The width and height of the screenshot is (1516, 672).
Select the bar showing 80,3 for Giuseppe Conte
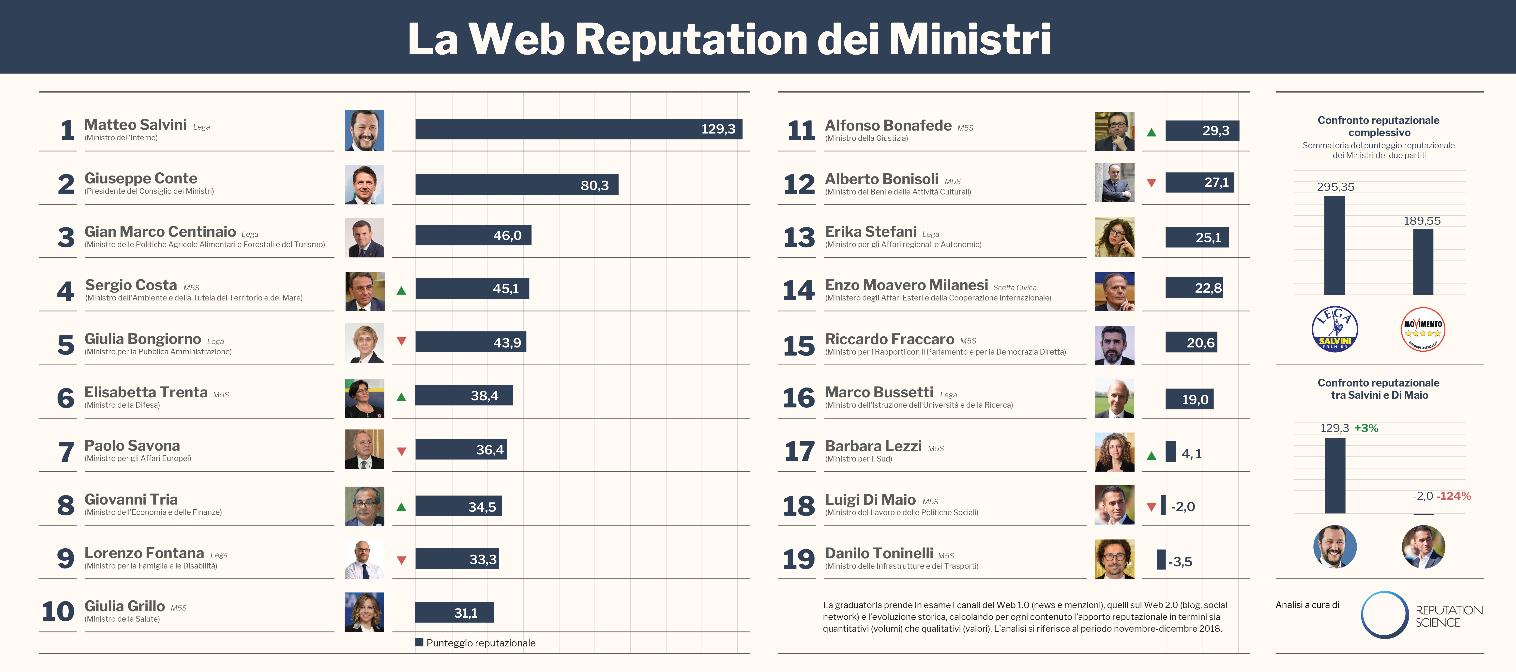(x=516, y=185)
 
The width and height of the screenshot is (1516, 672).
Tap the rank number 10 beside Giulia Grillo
(x=58, y=612)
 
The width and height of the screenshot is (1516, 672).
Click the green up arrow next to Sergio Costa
(x=401, y=290)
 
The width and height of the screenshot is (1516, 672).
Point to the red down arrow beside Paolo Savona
(x=401, y=451)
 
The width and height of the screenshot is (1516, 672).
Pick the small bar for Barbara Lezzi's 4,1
(x=1170, y=452)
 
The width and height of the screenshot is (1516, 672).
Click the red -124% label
(x=1454, y=496)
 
